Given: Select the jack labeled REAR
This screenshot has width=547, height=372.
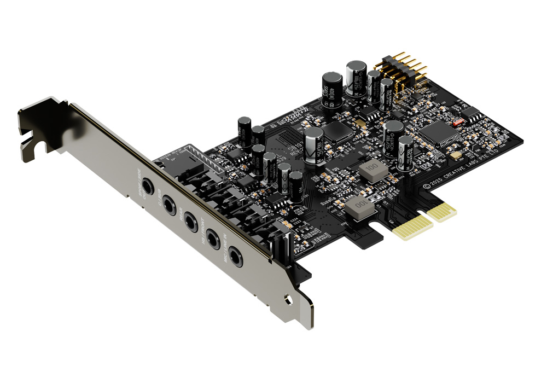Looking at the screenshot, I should point(190,220).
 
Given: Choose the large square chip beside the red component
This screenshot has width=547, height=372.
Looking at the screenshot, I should point(439,132).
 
